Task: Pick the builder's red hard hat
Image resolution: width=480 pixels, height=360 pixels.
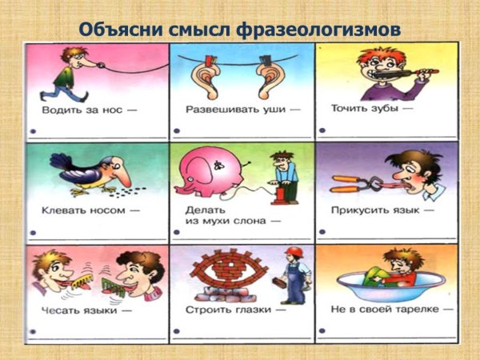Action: [x=293, y=252]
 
